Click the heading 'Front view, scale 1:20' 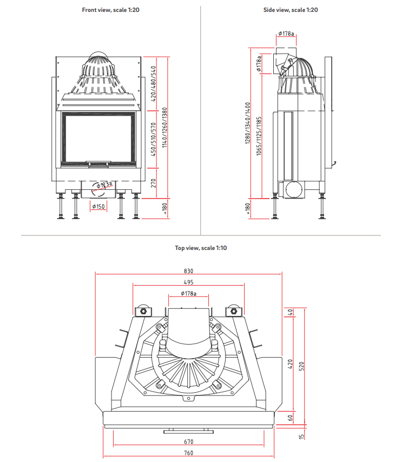click(110, 10)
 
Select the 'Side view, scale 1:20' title click(291, 10)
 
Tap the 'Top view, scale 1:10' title click(200, 248)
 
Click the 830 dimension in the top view click(188, 271)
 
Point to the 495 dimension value click(188, 282)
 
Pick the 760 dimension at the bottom click(188, 453)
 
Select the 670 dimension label click(188, 442)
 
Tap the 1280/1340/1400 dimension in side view click(248, 124)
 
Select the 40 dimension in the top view click(291, 312)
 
